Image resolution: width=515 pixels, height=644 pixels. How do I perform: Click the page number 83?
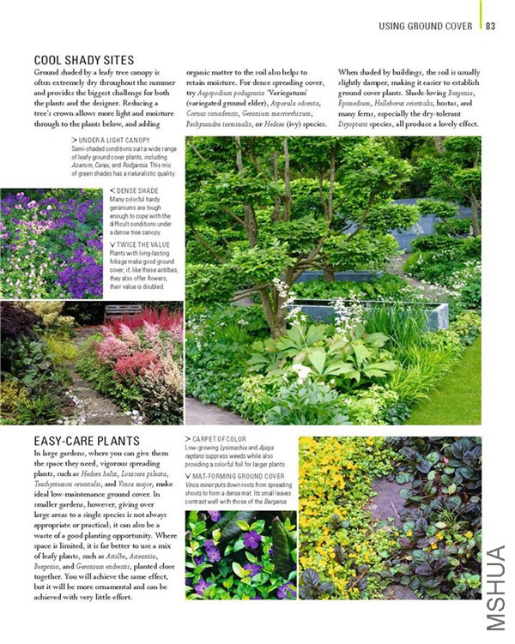(491, 26)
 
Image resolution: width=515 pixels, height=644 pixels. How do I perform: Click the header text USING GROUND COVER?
(426, 26)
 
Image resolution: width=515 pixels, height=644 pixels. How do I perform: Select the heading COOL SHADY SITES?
(83, 60)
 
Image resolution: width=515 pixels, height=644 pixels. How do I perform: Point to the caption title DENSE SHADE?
(137, 190)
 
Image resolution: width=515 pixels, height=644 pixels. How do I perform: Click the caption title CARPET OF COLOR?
(218, 439)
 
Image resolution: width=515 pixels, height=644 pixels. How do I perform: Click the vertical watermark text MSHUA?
(495, 592)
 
